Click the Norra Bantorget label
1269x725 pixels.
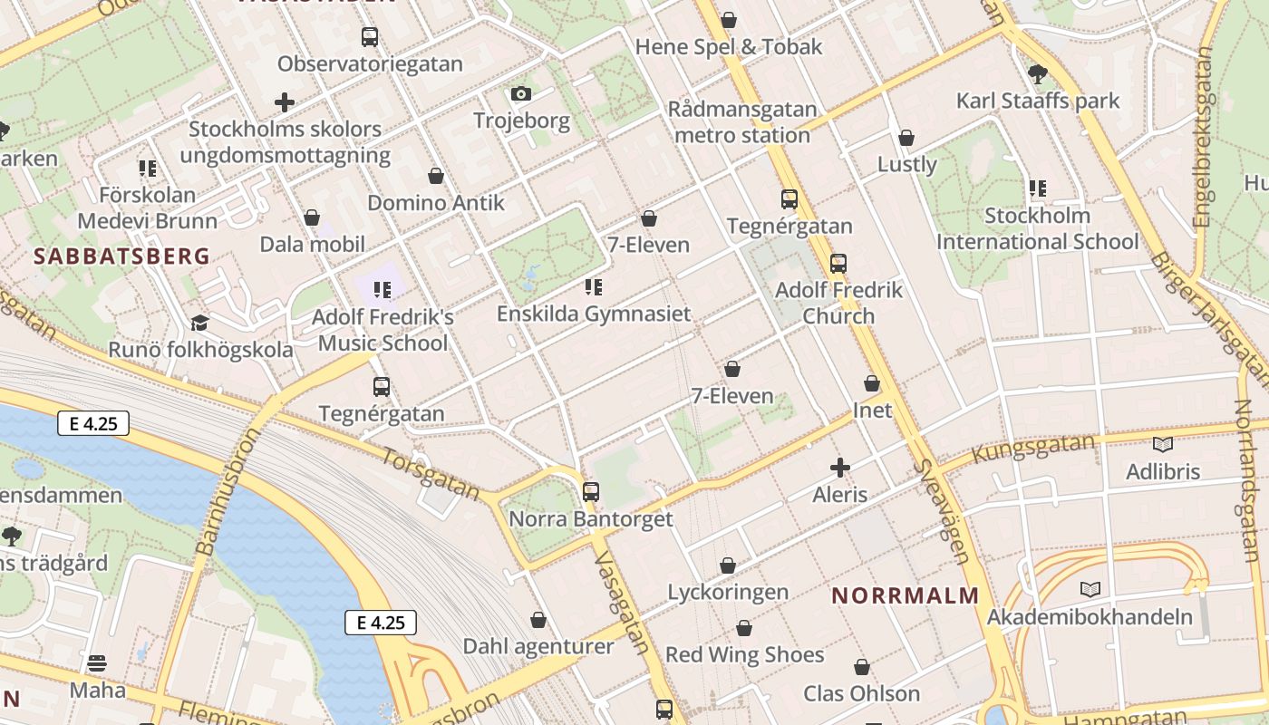click(x=591, y=519)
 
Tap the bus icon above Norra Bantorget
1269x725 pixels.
click(x=591, y=492)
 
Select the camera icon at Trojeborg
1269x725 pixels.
click(x=520, y=93)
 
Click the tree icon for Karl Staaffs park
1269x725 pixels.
click(x=1038, y=73)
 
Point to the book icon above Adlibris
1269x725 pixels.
click(x=1162, y=444)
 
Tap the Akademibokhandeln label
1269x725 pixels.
click(x=1090, y=617)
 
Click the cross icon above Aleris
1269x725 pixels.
click(x=840, y=468)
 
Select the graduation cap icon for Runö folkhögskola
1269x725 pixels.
click(x=199, y=323)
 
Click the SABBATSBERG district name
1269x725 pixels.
click(x=121, y=256)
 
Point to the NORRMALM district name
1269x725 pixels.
click(x=906, y=595)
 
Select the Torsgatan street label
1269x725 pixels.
click(x=431, y=473)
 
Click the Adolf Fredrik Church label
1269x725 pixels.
click(x=839, y=303)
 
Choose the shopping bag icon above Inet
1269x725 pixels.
click(x=872, y=384)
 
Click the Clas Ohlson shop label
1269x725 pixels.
click(x=861, y=694)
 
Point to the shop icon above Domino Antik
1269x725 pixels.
click(x=436, y=176)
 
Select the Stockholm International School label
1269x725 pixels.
click(x=1037, y=228)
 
